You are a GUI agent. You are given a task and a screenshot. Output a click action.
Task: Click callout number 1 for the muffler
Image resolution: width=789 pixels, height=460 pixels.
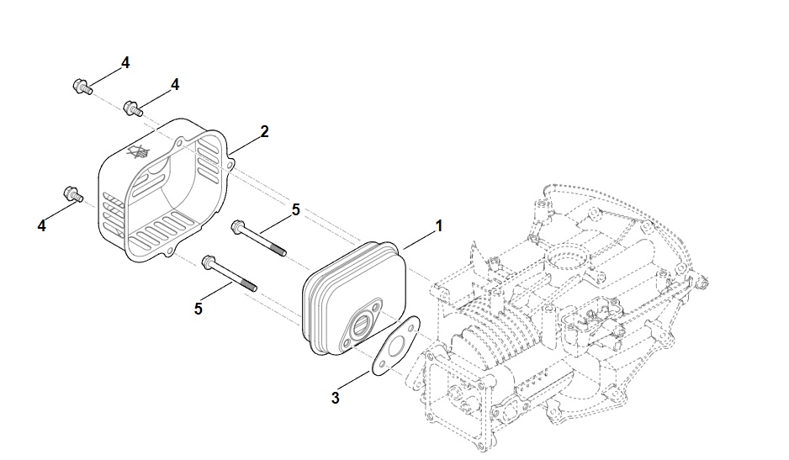point(438,225)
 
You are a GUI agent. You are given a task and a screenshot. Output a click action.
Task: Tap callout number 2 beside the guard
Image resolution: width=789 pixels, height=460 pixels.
point(264,132)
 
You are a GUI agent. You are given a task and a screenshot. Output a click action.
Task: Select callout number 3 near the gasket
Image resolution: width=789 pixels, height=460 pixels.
point(335,398)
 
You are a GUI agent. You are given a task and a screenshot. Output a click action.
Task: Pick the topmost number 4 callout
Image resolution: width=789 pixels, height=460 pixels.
point(124,62)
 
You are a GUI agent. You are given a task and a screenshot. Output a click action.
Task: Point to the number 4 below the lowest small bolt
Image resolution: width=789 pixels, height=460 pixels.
point(41,225)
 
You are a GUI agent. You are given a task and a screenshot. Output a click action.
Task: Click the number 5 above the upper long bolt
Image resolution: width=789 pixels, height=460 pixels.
point(296,209)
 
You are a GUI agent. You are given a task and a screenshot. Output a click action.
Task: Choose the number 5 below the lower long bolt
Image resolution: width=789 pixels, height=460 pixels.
point(199,309)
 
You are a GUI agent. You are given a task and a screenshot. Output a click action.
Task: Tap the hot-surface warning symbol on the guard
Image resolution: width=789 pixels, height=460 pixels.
point(136,154)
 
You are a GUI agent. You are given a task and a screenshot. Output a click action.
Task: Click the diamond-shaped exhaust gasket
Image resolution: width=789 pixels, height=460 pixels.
point(395,345)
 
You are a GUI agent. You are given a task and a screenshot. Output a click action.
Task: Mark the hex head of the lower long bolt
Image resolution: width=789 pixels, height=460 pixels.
point(207,264)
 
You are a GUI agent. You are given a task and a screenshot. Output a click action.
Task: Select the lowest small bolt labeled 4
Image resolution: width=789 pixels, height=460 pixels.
point(71,194)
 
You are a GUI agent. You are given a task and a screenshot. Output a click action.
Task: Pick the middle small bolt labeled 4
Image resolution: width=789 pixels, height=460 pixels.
point(132,108)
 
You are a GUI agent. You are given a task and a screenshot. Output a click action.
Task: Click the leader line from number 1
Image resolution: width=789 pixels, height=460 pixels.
point(419,237)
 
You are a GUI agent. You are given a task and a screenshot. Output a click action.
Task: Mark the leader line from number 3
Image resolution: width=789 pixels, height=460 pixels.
point(354,380)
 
